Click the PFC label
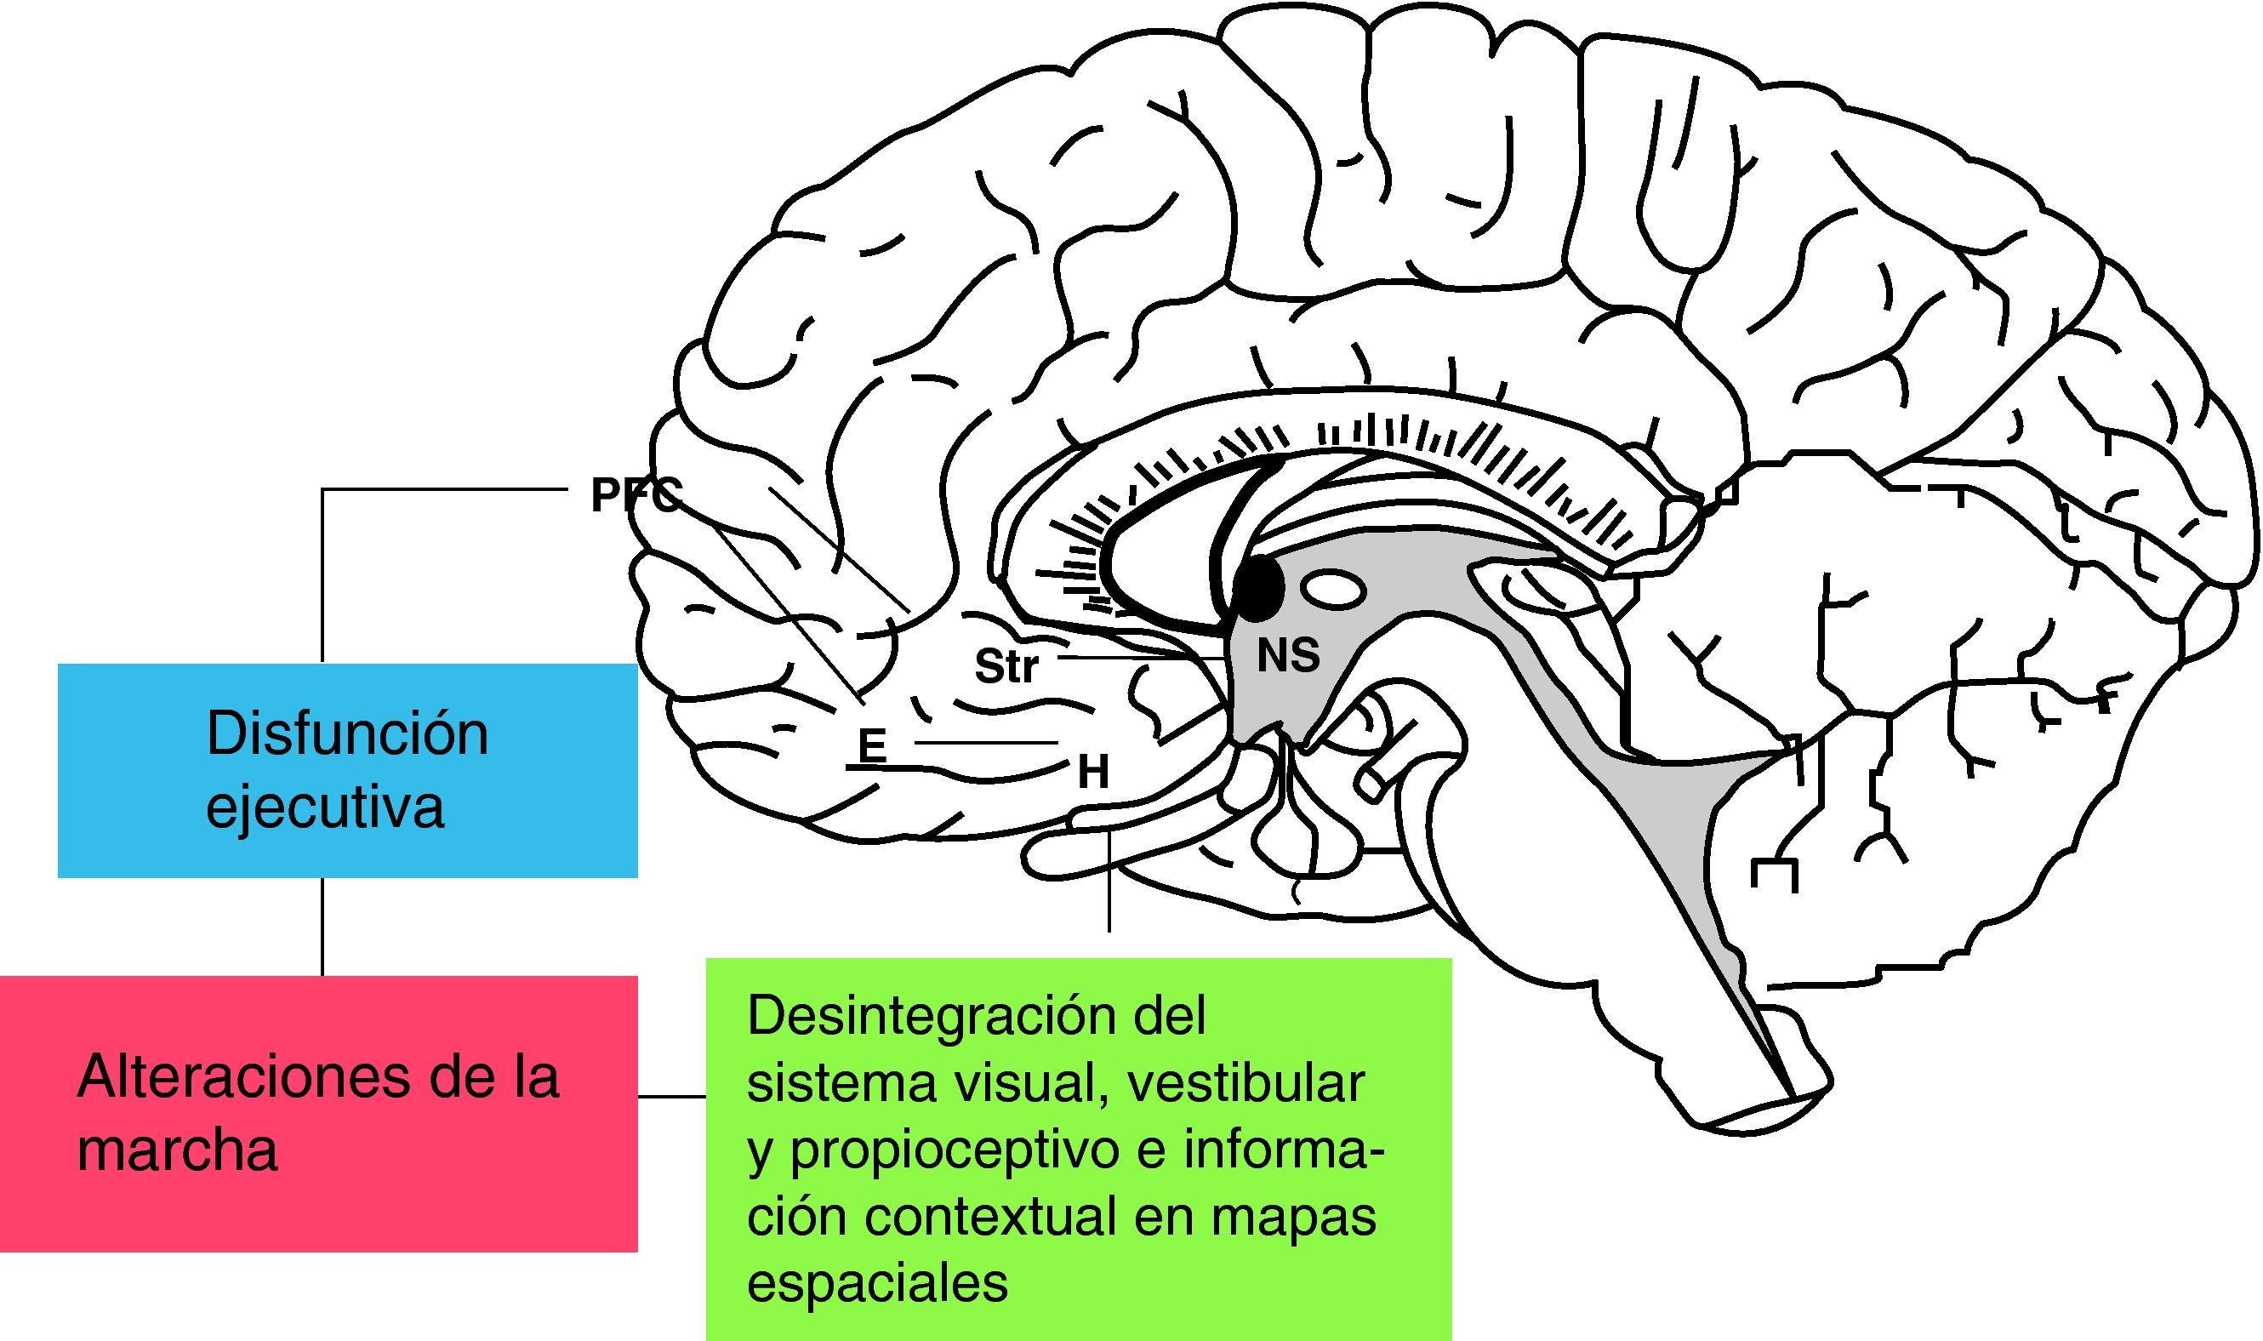pos(635,496)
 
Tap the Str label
pos(1006,668)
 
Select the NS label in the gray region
pos(1288,656)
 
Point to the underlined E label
pos(871,746)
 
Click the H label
pos(1093,773)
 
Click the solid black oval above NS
pos(1260,588)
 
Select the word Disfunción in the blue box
pos(347,733)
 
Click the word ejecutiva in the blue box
pos(324,806)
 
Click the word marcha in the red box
pos(177,1151)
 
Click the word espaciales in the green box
pos(877,1283)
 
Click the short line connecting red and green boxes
pos(671,1097)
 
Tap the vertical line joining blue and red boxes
pos(322,927)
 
